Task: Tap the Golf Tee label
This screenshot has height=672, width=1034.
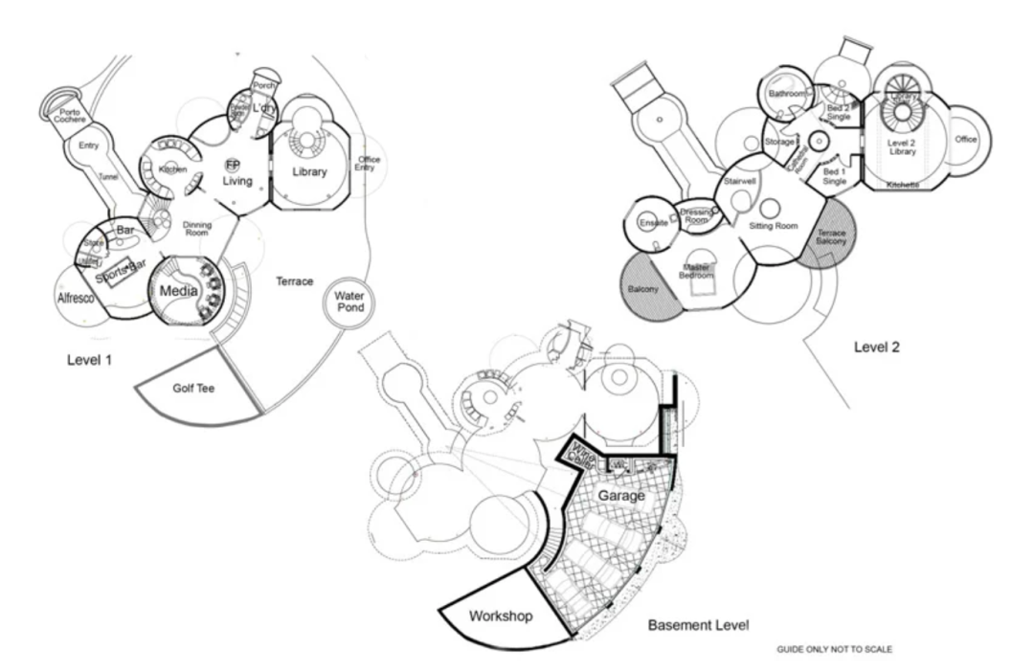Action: point(198,389)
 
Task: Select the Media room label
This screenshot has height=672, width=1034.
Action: point(179,290)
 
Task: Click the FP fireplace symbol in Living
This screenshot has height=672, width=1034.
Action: point(233,165)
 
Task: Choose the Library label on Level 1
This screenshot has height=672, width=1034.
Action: point(309,172)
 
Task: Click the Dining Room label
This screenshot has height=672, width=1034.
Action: point(196,228)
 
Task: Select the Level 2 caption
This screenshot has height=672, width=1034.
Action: point(876,347)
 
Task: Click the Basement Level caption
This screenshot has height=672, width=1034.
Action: point(698,625)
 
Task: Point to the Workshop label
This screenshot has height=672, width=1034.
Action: point(501,616)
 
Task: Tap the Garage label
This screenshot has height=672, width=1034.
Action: point(621,496)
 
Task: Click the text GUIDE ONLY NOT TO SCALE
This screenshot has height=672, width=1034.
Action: point(834,649)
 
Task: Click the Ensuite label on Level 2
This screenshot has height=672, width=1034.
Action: point(653,223)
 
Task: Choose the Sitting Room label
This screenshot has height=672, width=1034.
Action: point(774,226)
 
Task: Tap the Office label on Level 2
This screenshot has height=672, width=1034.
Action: point(966,140)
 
